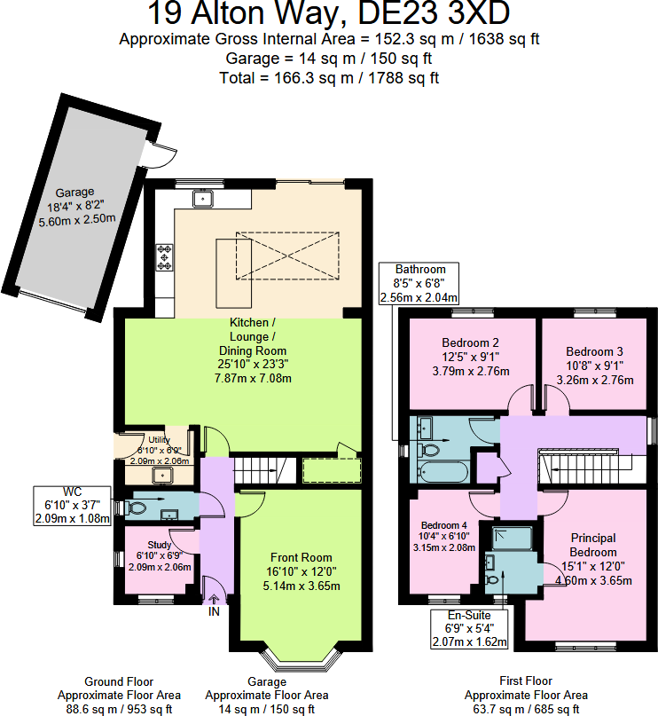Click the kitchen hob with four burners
coord(165,256)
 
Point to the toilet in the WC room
coord(137,508)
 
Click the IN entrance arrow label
coord(214,610)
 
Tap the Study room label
coord(159,545)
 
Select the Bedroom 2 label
coord(471,343)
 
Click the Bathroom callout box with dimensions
coord(420,283)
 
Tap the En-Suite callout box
coord(468,628)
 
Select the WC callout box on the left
coord(73,505)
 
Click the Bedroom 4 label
coord(445,524)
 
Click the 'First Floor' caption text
coord(526,681)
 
